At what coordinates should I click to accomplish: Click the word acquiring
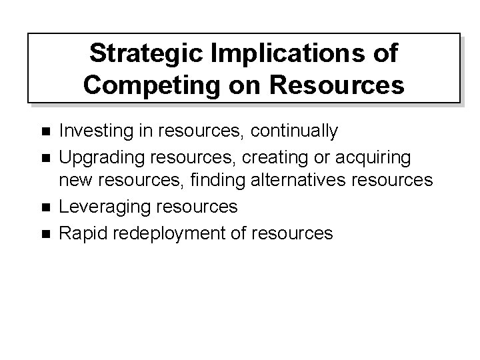click(x=376, y=157)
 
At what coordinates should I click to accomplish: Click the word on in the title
click(x=239, y=85)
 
